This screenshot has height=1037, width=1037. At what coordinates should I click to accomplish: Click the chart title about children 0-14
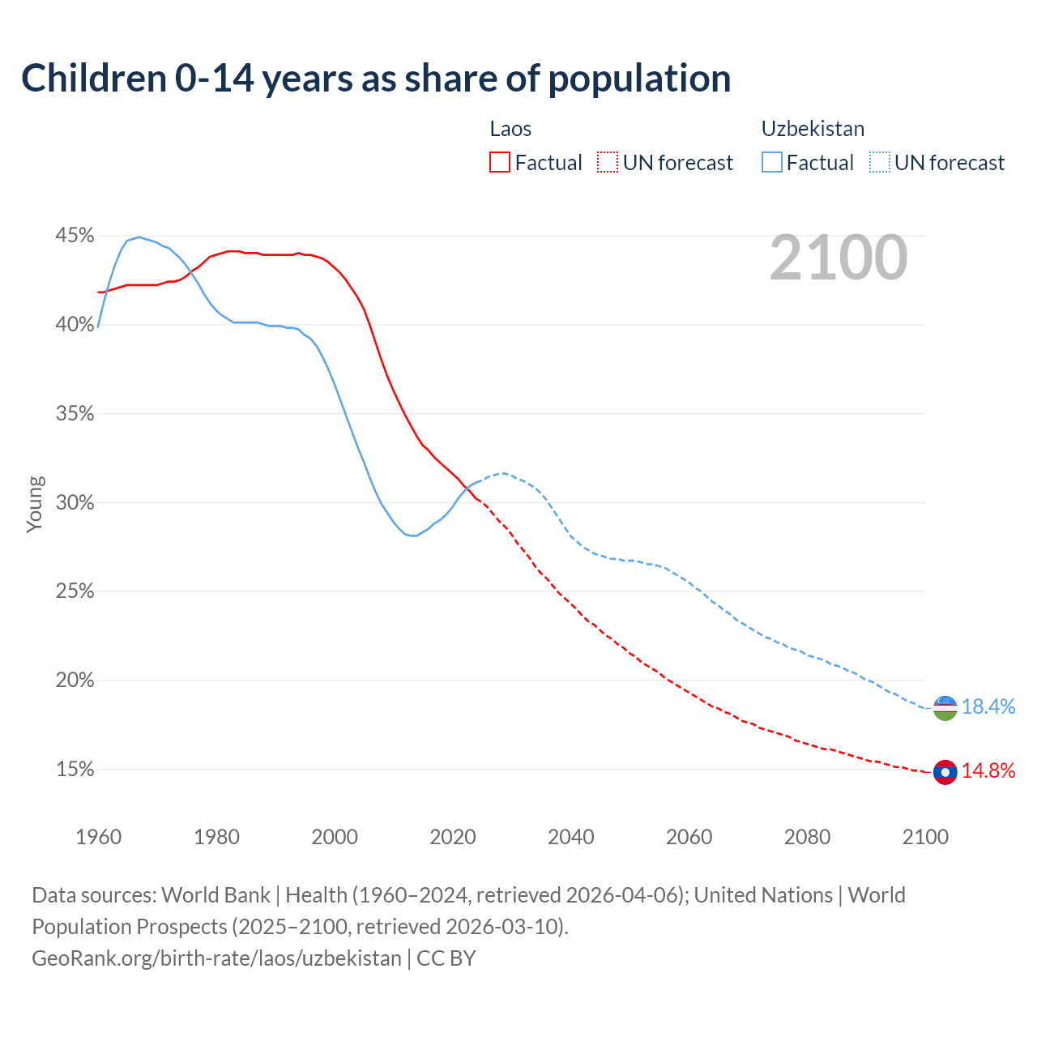376,79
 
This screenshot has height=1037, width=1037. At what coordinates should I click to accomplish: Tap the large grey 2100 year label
839,258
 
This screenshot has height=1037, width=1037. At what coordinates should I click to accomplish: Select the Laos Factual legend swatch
500,162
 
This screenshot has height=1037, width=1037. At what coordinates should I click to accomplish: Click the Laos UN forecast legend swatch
608,162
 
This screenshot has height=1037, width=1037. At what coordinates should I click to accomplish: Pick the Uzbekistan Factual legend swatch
772,162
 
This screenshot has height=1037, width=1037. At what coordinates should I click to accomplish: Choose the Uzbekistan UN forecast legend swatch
879,162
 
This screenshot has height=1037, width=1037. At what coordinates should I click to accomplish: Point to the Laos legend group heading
510,129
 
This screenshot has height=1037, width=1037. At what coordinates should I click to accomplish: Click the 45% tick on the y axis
75,236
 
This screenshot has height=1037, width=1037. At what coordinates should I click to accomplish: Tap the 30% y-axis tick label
75,502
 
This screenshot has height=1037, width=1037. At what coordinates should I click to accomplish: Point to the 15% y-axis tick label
75,769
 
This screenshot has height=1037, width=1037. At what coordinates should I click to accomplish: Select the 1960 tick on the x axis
98,837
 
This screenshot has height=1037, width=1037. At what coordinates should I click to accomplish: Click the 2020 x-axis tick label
453,837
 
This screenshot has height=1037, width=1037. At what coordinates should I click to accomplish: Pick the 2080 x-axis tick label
807,837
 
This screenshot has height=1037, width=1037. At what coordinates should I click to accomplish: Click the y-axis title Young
34,504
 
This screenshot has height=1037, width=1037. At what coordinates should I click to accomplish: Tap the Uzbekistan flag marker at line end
945,707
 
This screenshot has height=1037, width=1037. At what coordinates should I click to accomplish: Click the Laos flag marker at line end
945,772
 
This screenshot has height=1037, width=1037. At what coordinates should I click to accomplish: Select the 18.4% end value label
988,706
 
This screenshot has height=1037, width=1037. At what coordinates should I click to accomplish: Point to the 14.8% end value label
988,770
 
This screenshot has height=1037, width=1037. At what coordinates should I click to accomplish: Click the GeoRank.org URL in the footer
216,958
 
